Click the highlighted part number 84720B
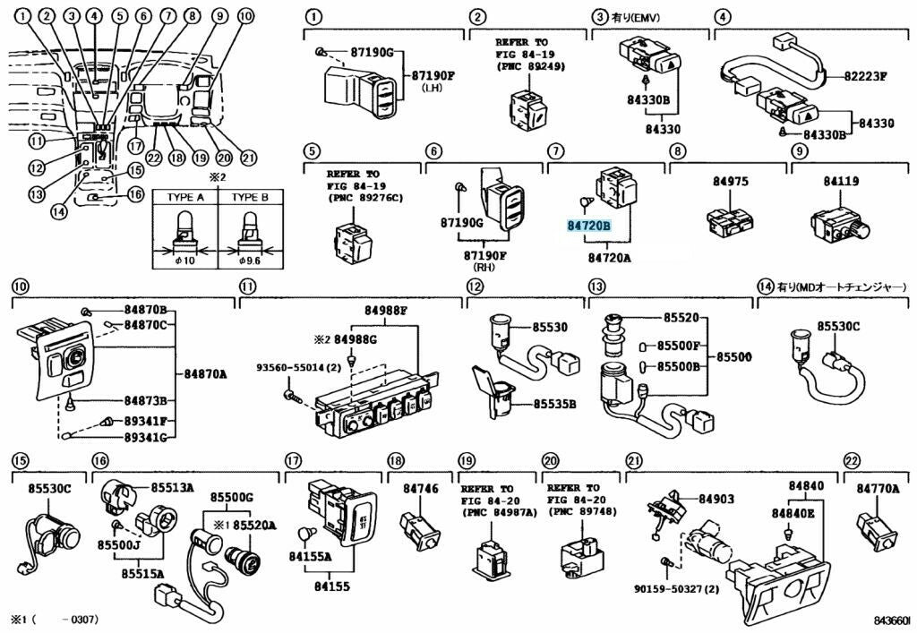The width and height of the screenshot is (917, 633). [x=588, y=227]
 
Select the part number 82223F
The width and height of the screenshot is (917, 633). [x=864, y=76]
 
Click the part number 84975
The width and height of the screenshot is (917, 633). [x=730, y=182]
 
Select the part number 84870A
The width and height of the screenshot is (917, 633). [x=205, y=373]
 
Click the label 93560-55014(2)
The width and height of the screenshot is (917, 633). [x=298, y=367]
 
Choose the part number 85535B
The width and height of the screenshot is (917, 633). [x=555, y=404]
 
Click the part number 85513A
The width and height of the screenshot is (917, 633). [x=172, y=488]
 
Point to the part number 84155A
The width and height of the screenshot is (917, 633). [x=310, y=557]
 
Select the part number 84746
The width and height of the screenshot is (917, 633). [x=421, y=489]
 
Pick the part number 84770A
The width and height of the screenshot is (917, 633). [x=878, y=489]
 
